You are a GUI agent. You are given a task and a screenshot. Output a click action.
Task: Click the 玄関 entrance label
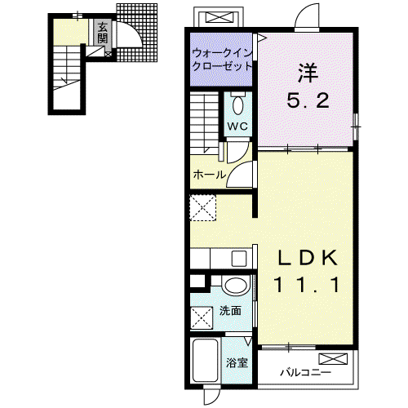pos(103,33)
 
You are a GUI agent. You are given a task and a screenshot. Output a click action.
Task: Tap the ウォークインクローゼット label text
pos(222,60)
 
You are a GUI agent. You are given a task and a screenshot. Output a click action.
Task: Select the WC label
pos(237,126)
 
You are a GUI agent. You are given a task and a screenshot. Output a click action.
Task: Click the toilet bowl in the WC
pos(238,105)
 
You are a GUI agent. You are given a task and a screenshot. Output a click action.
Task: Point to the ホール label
pos(210,175)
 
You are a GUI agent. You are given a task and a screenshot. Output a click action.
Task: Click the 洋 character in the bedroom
pos(308,73)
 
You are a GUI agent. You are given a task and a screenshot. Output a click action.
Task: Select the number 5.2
pos(308,100)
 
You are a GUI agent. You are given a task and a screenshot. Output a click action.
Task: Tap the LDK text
pos(308,258)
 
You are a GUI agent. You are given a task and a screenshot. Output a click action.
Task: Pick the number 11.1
pos(308,285)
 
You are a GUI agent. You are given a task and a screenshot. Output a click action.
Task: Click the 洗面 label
pos(230,310)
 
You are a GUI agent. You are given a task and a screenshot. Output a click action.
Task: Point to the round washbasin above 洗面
pos(236,286)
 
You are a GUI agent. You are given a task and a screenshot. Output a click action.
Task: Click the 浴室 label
pos(237,362)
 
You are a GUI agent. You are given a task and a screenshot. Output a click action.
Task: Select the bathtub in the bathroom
pos(206,360)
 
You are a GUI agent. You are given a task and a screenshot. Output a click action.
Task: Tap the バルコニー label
pos(306,372)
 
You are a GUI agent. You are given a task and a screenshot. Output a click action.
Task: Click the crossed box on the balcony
pos(333,359)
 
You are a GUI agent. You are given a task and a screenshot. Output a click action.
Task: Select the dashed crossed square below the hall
pos(203,207)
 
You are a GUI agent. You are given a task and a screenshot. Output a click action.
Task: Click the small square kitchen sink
pos(239,259)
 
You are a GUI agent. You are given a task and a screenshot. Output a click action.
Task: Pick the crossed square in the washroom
pos(202,317)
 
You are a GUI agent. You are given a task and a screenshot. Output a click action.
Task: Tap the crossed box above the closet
pos(220,18)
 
